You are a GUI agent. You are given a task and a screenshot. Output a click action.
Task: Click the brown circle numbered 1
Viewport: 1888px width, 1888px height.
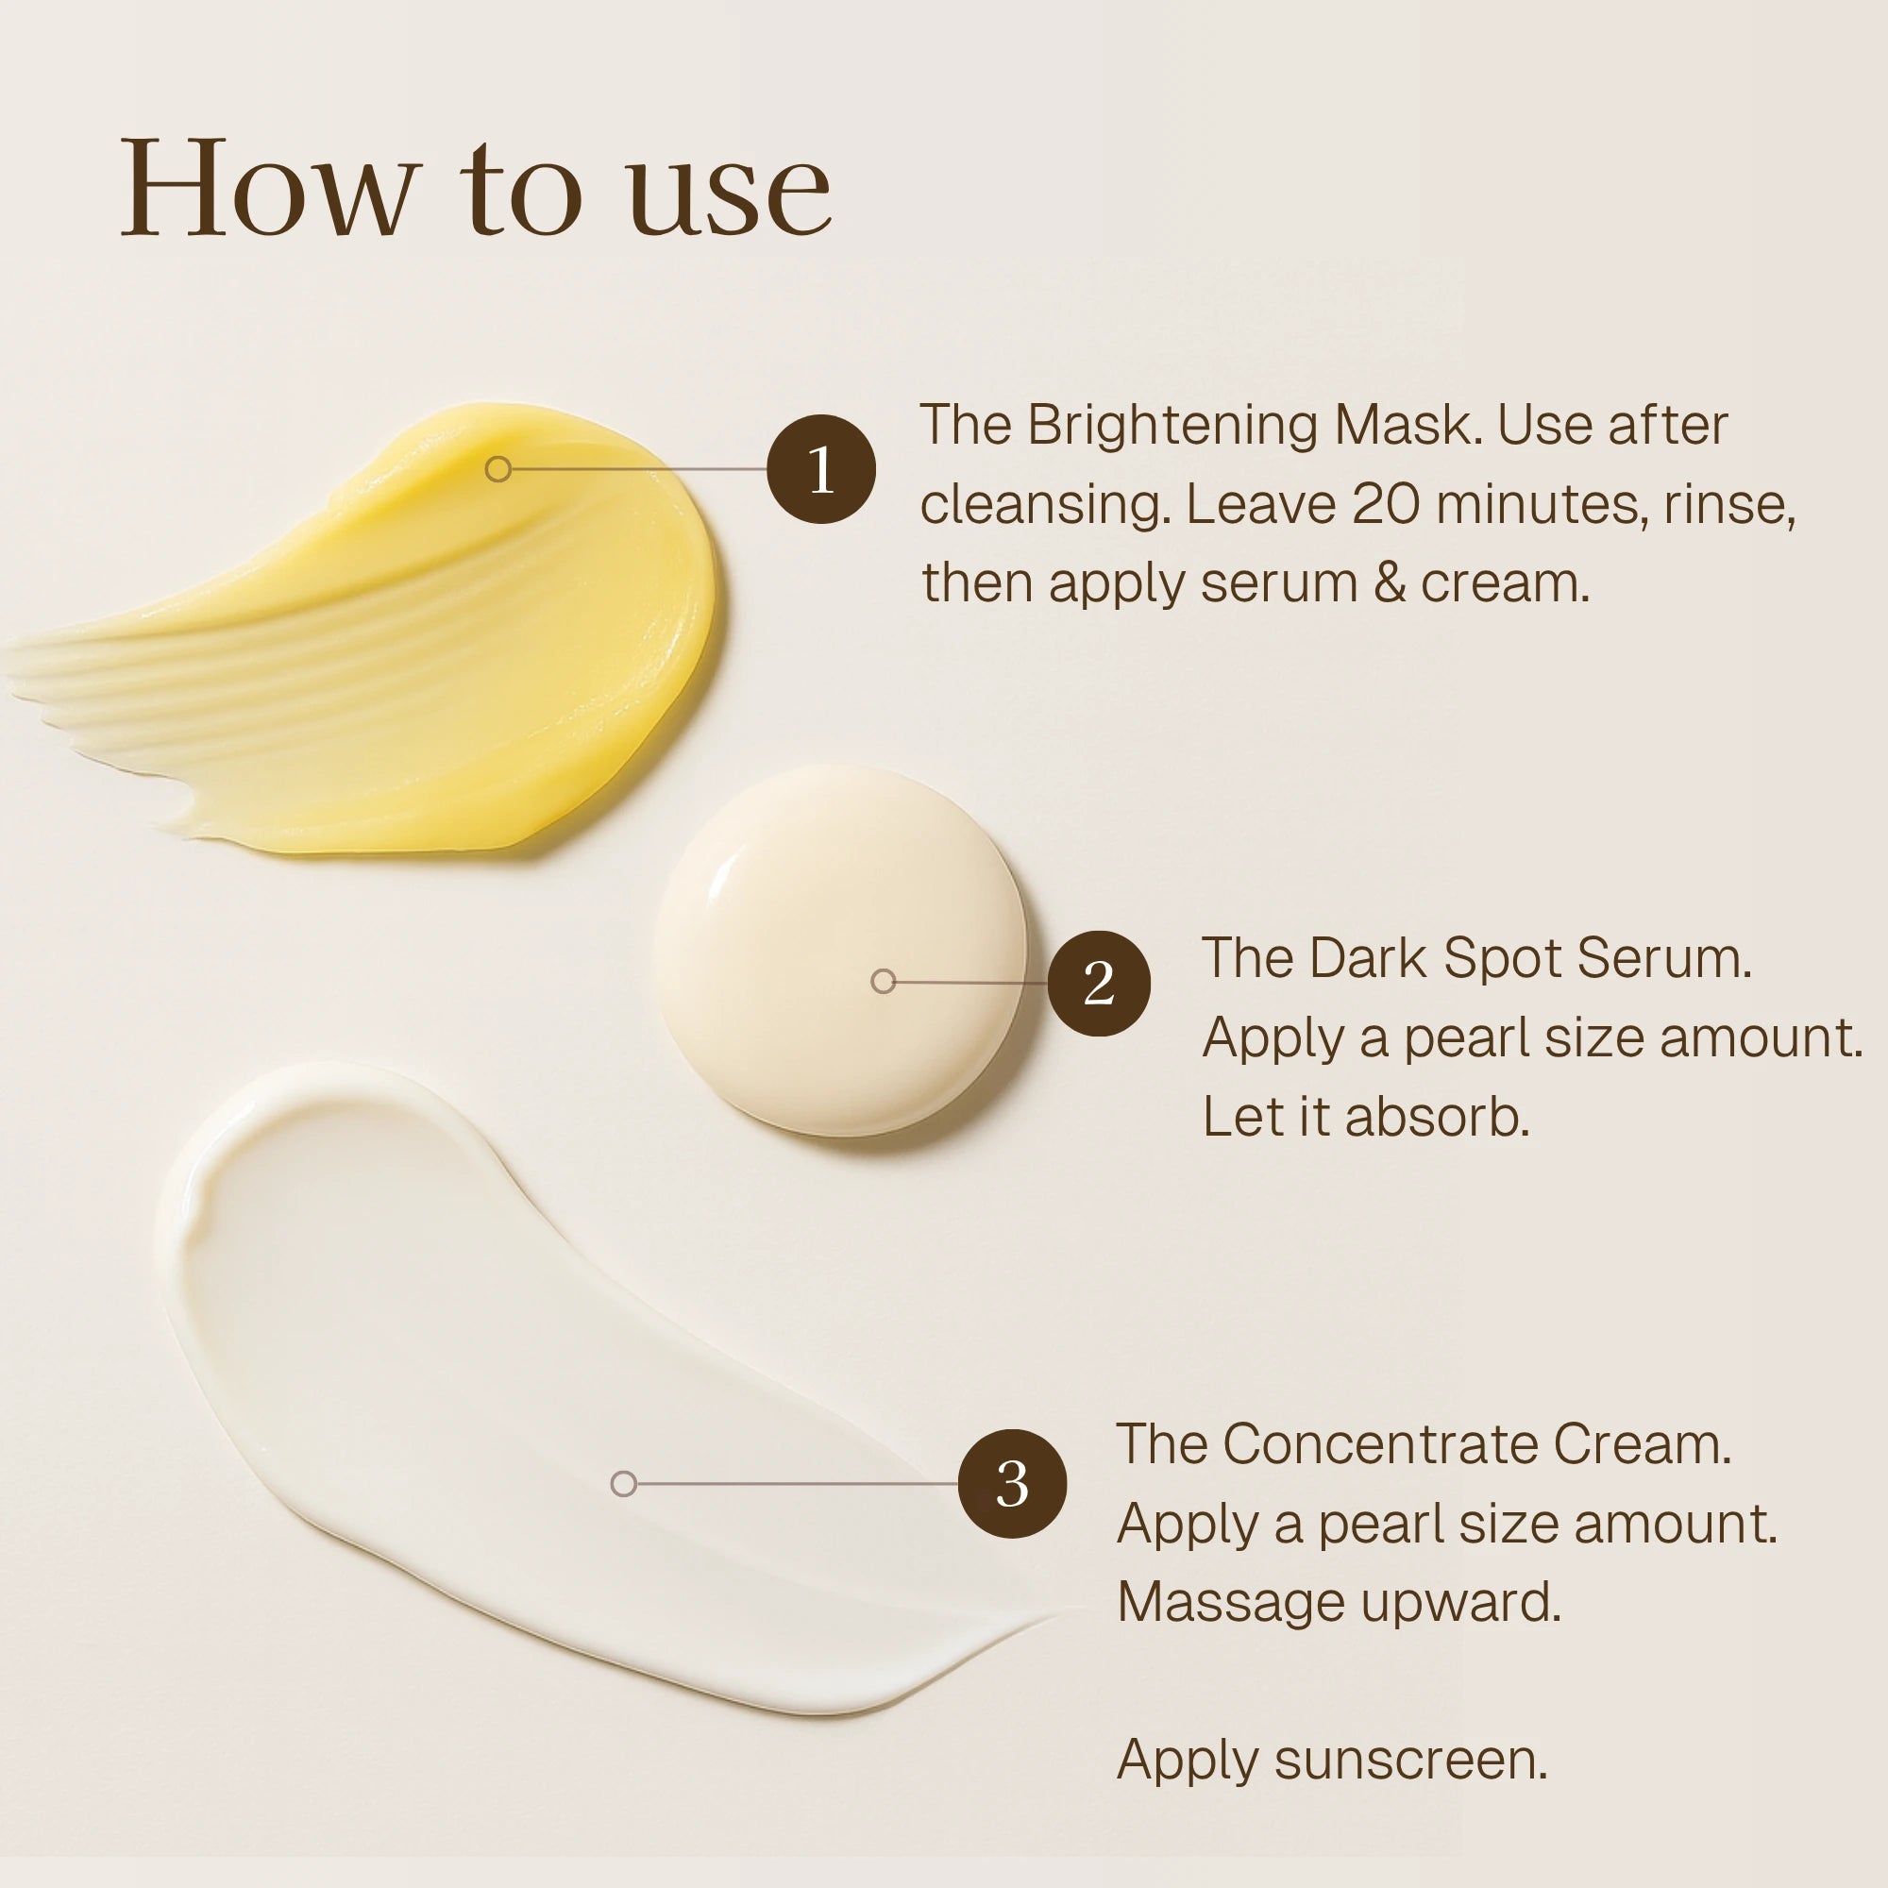[821, 469]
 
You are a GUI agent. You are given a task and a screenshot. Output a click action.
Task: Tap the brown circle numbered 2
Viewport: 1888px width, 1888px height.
[1099, 982]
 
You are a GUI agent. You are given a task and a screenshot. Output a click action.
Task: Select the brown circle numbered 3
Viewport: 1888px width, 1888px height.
[1011, 1483]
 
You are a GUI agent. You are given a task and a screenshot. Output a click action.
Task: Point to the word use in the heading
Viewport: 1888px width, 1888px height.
[729, 195]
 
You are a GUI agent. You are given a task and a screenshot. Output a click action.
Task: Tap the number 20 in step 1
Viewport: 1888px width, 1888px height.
[1387, 505]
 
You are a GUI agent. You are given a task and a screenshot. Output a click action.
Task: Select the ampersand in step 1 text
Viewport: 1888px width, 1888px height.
[1389, 583]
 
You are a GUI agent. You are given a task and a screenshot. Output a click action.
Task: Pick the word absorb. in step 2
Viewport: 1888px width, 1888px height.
[1437, 1116]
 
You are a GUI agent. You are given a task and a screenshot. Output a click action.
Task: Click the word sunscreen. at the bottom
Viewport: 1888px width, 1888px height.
[1410, 1760]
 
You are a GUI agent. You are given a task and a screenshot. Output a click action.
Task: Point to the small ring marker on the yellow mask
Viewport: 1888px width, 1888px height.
[497, 469]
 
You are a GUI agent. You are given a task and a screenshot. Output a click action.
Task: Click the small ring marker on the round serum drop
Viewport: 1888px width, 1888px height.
[883, 981]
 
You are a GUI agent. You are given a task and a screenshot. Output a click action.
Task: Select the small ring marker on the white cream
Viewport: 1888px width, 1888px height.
[623, 1483]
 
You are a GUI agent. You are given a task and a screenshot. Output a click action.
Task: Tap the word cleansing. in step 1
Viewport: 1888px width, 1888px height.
[1045, 505]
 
